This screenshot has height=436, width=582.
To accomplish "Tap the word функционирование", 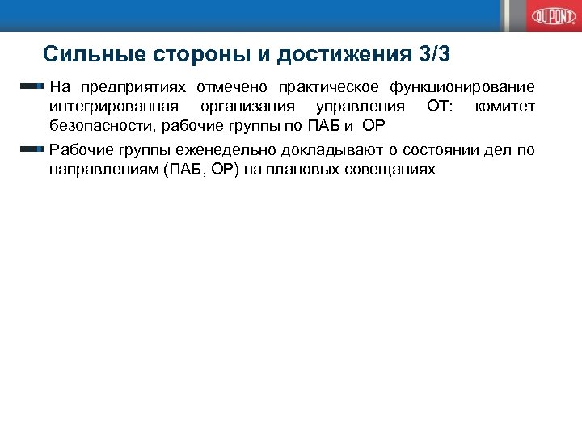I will coord(462,87).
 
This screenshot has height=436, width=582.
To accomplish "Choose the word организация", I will coord(249,107).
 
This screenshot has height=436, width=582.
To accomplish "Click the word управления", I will coord(360,107).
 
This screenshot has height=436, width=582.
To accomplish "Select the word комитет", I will coord(506,107).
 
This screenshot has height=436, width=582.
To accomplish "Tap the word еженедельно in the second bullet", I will coord(212,151).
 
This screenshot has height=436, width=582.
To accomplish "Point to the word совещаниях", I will coord(394,170).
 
